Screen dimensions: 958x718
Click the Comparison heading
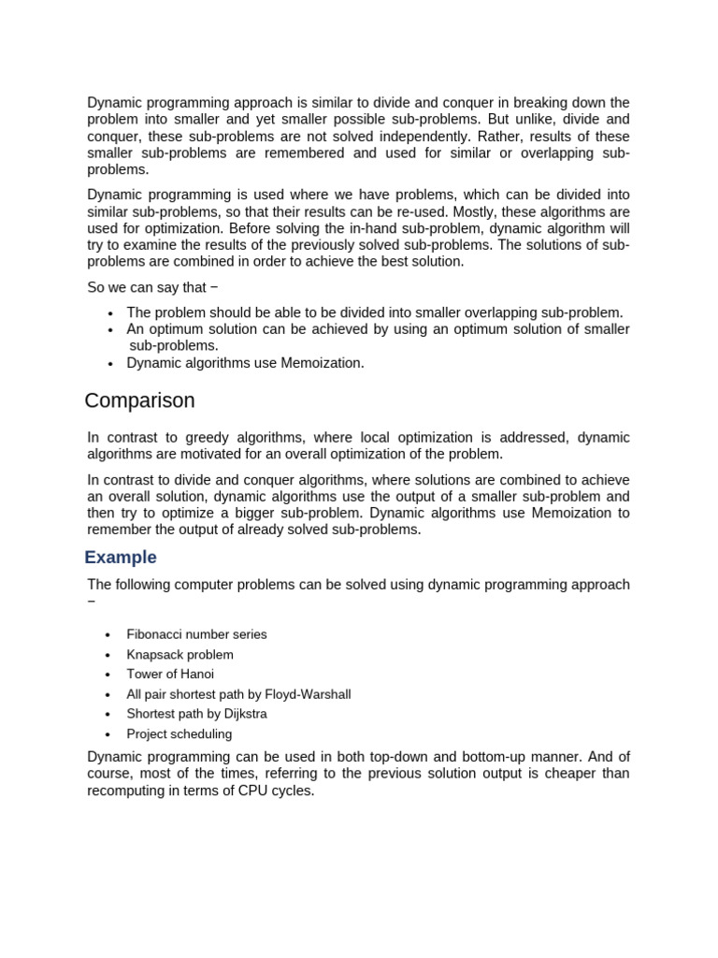point(139,401)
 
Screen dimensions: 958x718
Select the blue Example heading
point(121,558)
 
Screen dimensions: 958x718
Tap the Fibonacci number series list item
point(196,634)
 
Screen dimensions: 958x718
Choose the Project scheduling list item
point(179,734)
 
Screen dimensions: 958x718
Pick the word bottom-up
point(497,757)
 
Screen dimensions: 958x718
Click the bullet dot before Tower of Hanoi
point(109,675)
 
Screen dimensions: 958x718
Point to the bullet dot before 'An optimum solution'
point(109,330)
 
